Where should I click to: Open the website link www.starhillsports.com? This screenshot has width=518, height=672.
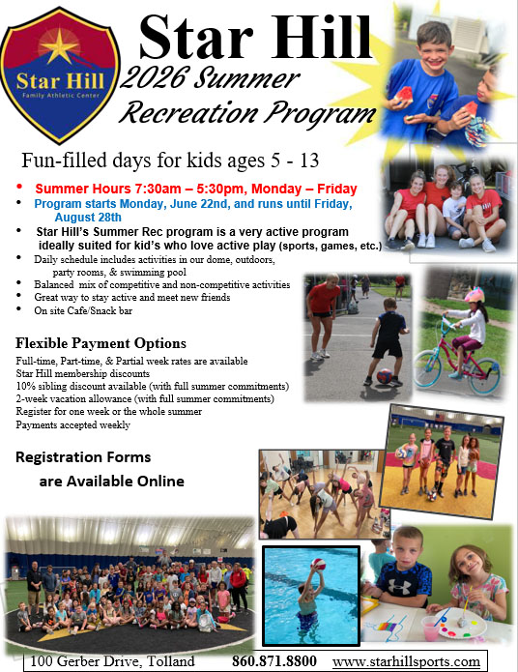pyautogui.click(x=406, y=661)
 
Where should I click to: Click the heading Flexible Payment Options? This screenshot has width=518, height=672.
pyautogui.click(x=101, y=343)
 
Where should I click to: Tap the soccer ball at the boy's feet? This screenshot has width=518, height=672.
pyautogui.click(x=385, y=375)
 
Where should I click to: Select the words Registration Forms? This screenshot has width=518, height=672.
pyautogui.click(x=84, y=456)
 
